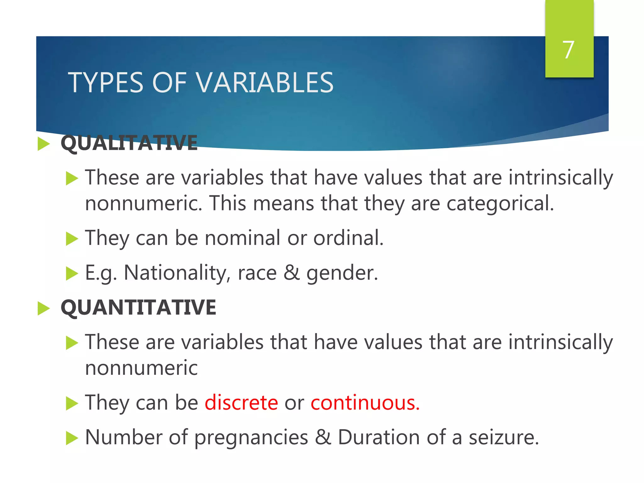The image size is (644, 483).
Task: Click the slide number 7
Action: coord(568,50)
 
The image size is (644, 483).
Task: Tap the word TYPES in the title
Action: coord(106,83)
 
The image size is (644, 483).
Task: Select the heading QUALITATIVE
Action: coord(129,143)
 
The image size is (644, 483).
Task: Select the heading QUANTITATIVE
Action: coord(138,308)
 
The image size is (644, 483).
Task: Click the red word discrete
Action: coord(241,402)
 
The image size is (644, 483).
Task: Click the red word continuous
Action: coord(365,402)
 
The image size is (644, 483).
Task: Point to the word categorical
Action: coord(500,203)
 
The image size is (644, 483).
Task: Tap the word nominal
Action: coord(242,238)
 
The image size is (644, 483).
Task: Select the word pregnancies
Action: coord(251,438)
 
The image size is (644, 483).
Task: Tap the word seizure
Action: coord(504,438)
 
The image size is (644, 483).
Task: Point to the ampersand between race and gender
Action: coord(291,273)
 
